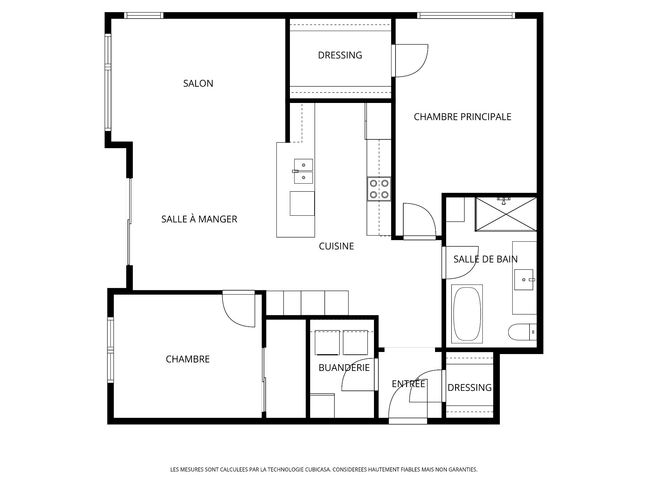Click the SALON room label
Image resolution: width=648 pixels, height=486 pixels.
[x=198, y=83]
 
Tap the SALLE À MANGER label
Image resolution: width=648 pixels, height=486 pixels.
[x=199, y=219]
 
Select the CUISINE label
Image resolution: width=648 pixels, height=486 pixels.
[x=336, y=246]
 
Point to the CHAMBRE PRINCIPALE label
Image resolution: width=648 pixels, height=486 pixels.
[x=462, y=117]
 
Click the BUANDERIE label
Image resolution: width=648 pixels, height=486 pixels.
[x=344, y=368]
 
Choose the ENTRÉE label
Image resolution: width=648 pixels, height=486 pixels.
[x=408, y=384]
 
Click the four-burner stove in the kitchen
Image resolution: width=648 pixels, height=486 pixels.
[x=379, y=189]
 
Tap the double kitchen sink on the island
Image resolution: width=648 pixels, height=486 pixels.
[x=303, y=171]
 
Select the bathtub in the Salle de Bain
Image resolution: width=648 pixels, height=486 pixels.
[x=467, y=314]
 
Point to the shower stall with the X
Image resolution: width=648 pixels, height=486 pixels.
[x=506, y=214]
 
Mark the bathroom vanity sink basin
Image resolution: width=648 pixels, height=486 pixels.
[x=523, y=279]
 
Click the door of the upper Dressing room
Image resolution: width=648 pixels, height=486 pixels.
[x=410, y=61]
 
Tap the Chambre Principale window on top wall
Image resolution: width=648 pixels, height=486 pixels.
[x=466, y=16]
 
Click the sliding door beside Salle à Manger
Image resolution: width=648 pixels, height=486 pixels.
[x=129, y=222]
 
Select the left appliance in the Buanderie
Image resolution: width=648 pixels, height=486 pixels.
[x=327, y=343]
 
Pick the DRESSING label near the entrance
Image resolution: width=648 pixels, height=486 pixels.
[x=469, y=387]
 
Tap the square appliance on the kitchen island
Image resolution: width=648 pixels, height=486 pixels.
[x=302, y=203]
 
